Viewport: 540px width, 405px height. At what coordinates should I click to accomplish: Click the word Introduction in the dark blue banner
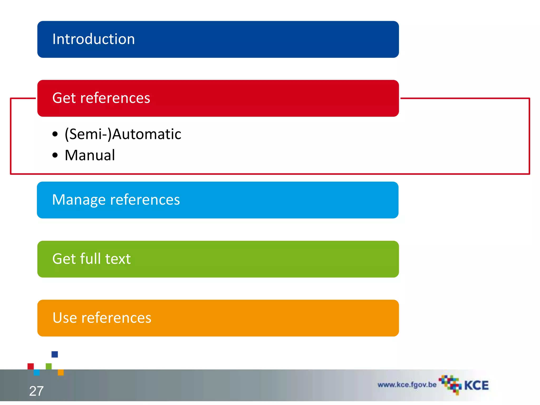(94, 39)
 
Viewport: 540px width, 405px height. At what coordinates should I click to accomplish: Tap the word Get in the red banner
(64, 98)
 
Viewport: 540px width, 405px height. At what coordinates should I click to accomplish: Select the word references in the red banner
(115, 98)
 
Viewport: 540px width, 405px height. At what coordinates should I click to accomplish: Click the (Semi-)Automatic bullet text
(123, 134)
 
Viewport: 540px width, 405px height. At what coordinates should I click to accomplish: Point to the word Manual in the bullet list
(90, 155)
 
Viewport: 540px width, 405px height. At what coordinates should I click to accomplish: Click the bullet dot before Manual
(55, 155)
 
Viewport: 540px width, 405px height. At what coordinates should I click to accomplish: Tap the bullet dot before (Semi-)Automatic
(55, 134)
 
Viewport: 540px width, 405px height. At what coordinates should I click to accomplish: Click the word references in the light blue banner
(145, 200)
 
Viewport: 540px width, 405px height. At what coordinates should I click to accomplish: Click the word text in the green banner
(118, 259)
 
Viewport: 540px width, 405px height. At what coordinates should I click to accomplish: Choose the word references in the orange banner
(116, 318)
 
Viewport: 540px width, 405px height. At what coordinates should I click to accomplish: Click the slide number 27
(36, 391)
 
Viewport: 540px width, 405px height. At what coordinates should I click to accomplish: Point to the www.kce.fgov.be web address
(407, 385)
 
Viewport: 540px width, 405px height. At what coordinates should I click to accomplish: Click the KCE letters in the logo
(476, 385)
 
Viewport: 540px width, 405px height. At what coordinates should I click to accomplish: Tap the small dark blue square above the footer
(55, 354)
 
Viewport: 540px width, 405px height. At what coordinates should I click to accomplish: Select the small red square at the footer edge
(31, 366)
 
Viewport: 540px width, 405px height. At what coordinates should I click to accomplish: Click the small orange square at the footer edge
(61, 372)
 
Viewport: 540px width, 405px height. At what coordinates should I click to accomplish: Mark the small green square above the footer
(49, 366)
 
